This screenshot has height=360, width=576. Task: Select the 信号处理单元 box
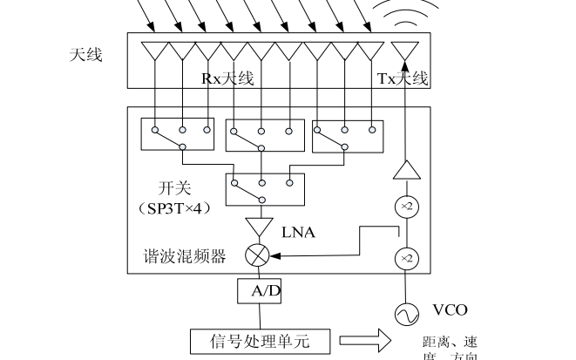(261, 340)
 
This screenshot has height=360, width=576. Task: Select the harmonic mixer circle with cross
(257, 255)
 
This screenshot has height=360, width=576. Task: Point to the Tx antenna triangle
(405, 51)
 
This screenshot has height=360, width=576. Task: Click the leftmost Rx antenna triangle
(157, 51)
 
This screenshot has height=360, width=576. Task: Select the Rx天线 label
(228, 78)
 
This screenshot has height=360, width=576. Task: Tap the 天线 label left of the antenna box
(86, 55)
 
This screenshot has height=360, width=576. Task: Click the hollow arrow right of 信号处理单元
(361, 341)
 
